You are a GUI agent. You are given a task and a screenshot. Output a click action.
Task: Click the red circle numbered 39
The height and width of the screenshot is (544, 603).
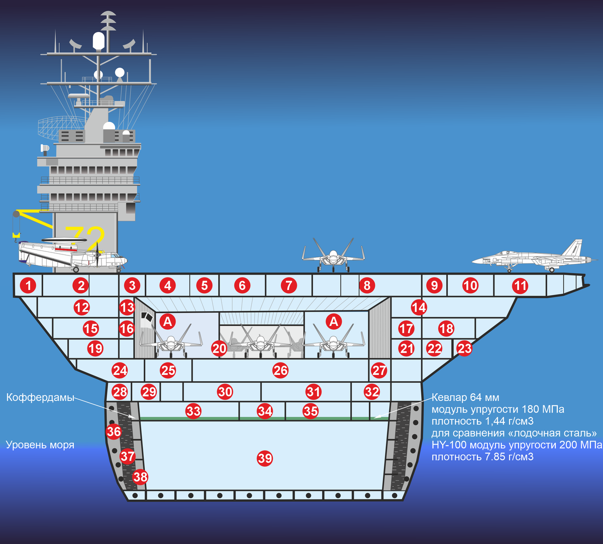tap(265, 458)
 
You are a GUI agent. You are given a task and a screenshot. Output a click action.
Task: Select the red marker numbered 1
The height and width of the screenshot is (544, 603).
tap(29, 286)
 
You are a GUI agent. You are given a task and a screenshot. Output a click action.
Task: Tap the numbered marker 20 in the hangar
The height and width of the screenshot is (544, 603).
tap(219, 349)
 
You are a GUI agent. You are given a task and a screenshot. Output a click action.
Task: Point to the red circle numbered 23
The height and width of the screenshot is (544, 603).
tap(464, 348)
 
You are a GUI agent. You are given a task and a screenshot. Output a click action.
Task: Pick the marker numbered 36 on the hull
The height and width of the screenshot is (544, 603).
tap(114, 431)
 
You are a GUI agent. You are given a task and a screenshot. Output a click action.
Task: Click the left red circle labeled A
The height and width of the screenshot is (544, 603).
tap(167, 321)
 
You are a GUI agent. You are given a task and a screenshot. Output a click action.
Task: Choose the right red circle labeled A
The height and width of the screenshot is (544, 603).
tap(334, 321)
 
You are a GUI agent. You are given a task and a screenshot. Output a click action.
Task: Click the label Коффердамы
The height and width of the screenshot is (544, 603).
tap(40, 398)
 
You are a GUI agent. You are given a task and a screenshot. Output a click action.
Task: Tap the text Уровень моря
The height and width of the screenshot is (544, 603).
tap(40, 445)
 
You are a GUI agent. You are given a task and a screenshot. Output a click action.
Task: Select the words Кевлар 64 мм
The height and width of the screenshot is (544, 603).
tap(465, 398)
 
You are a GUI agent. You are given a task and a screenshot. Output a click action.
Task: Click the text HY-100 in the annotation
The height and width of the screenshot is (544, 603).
tap(448, 445)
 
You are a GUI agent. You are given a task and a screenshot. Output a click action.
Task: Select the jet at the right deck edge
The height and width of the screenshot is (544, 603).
tap(533, 256)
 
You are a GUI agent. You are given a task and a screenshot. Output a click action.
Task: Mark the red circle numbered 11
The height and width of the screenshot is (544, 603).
tap(520, 286)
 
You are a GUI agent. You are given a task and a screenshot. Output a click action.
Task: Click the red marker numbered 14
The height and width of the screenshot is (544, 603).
tap(419, 307)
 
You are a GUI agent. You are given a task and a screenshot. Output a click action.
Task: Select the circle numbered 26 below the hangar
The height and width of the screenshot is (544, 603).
tap(280, 371)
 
